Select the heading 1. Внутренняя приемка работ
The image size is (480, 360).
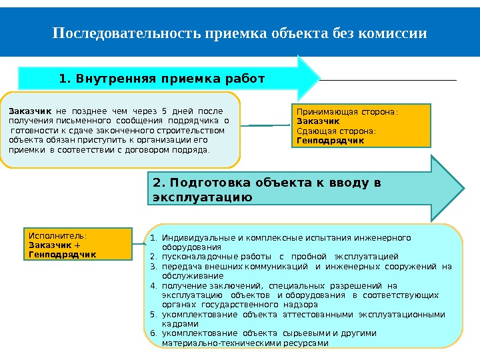coord(162,79)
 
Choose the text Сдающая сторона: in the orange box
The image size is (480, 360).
coord(336,131)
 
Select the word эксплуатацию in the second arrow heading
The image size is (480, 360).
coord(202,197)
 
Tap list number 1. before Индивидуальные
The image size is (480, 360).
coord(152,238)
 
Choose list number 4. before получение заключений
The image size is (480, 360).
coord(152,285)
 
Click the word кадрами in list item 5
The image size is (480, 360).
coord(180,323)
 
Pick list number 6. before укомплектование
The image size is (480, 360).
coord(152,333)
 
